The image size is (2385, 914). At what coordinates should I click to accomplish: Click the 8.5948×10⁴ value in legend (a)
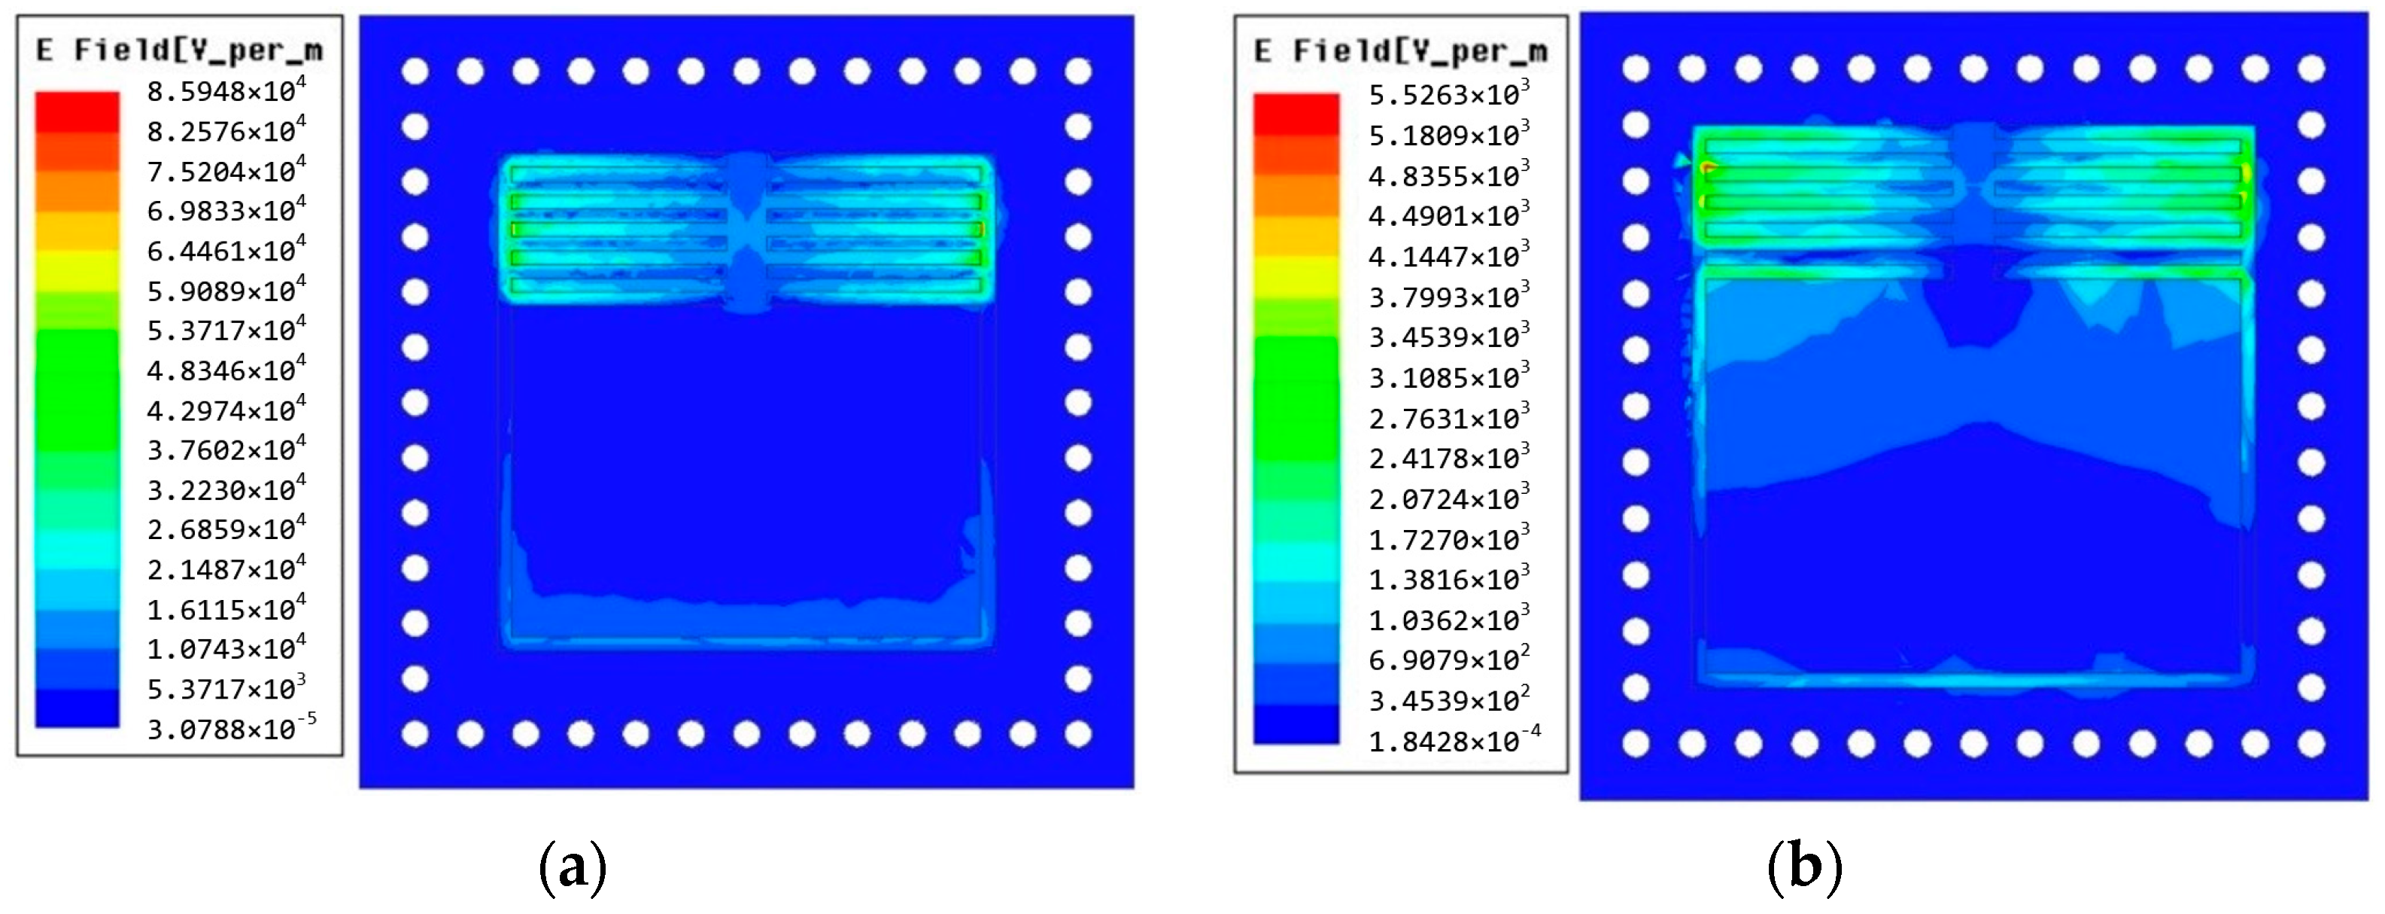tap(226, 91)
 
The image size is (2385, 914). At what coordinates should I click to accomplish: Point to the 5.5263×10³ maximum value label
tap(1449, 94)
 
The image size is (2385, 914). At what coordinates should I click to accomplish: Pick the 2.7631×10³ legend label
tap(1449, 418)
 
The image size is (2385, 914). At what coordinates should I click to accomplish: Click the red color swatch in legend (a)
tap(77, 111)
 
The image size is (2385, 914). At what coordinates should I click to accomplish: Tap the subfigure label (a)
tap(573, 868)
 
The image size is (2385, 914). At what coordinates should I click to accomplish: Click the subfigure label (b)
tap(1804, 868)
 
